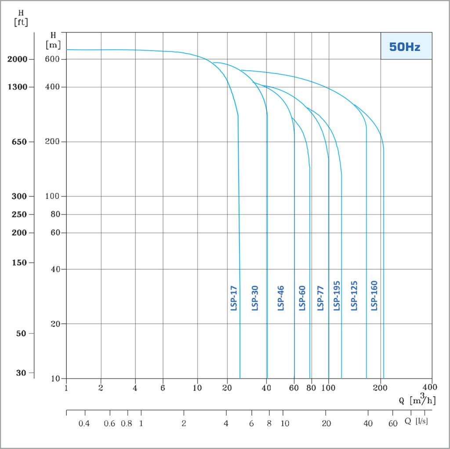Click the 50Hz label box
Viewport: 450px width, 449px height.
pyautogui.click(x=406, y=46)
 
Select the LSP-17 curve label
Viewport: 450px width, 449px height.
pyautogui.click(x=234, y=299)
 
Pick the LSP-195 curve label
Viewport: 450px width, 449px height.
pyautogui.click(x=337, y=296)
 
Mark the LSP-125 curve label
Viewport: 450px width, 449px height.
pyautogui.click(x=354, y=296)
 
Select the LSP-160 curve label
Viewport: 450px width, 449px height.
pyautogui.click(x=374, y=296)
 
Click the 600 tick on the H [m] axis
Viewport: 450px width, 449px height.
pyautogui.click(x=52, y=59)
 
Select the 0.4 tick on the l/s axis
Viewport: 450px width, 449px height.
pyautogui.click(x=84, y=423)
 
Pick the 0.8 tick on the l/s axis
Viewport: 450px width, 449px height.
pyautogui.click(x=127, y=423)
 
